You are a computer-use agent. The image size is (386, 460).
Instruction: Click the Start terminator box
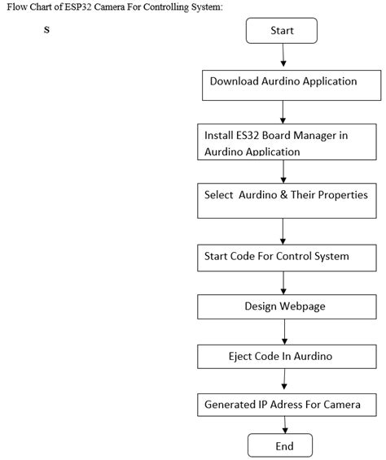282,31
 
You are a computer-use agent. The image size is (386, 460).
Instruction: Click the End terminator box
284,446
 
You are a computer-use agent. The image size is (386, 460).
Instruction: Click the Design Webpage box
283,306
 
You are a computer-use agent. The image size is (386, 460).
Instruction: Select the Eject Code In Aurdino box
283,356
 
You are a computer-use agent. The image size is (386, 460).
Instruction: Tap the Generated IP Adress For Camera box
289,404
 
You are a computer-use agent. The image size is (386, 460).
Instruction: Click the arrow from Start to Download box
283,57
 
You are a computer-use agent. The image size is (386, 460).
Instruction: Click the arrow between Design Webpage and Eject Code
284,332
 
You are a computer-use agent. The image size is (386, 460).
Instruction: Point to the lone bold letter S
46,31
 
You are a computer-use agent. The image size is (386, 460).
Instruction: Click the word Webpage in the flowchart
300,306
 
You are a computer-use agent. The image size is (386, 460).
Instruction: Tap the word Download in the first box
237,81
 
